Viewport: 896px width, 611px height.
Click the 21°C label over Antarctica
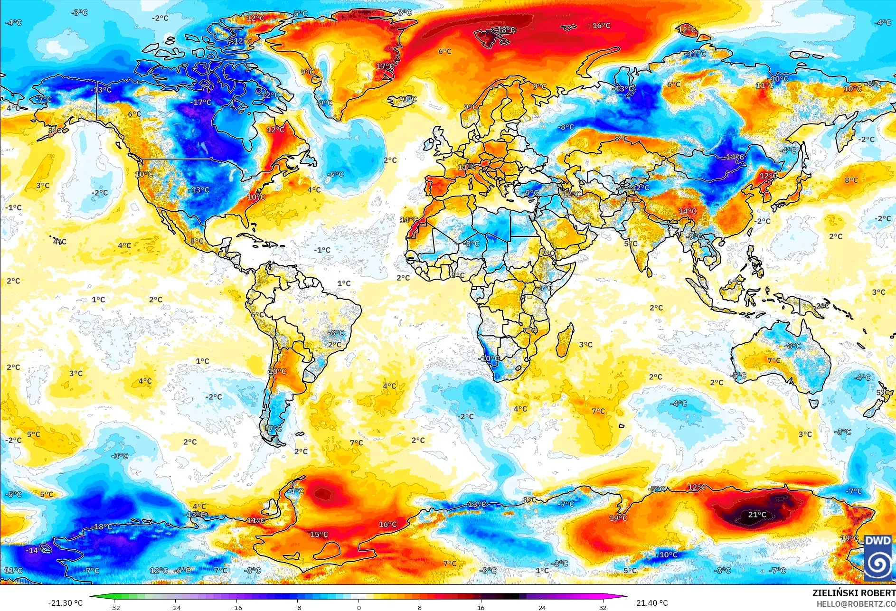click(757, 515)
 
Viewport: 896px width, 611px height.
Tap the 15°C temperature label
click(319, 535)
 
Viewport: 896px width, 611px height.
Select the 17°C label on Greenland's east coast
click(385, 66)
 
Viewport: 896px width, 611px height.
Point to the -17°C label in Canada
click(201, 102)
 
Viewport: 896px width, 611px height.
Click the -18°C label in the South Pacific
click(102, 527)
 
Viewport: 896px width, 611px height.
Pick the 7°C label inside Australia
click(774, 360)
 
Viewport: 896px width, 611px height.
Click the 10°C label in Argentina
click(277, 371)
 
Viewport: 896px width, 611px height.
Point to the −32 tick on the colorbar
click(114, 607)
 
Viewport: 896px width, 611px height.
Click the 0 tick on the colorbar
click(358, 607)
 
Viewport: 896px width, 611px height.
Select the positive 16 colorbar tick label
click(481, 607)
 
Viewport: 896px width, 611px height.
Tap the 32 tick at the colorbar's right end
click(603, 607)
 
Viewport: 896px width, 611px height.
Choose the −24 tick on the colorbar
click(176, 607)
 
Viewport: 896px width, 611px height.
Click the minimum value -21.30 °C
click(65, 603)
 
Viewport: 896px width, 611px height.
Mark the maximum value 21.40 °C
click(652, 603)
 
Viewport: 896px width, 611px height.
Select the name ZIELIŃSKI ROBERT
click(853, 593)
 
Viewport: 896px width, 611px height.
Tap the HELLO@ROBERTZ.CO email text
click(856, 603)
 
